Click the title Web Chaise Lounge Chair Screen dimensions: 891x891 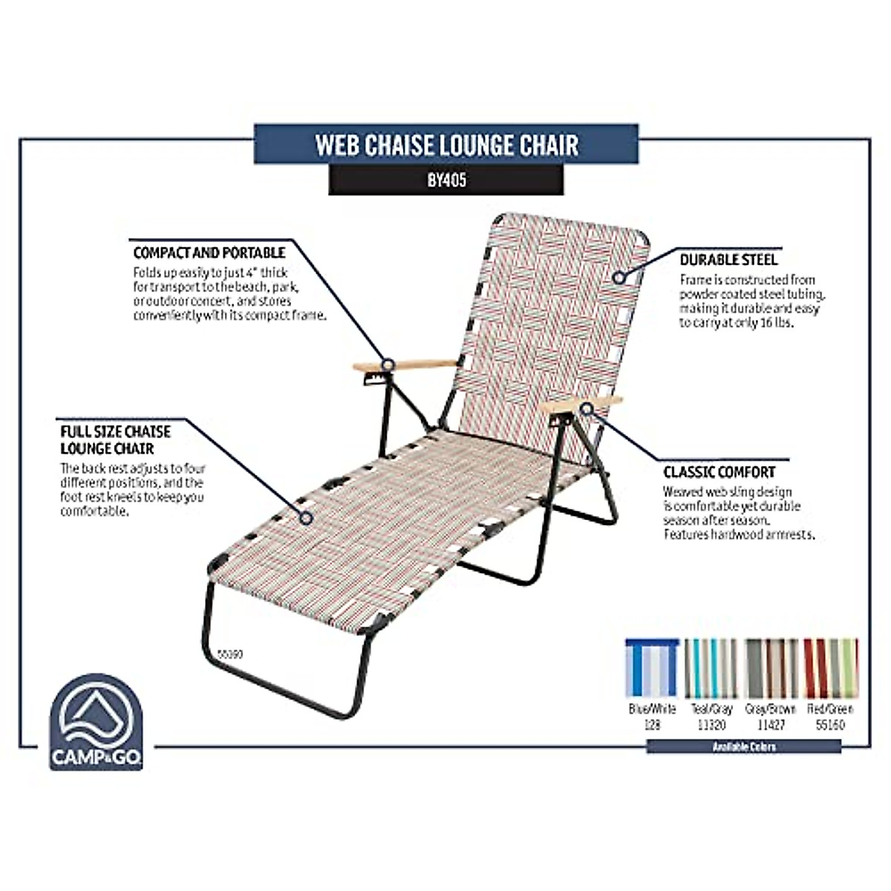[446, 144]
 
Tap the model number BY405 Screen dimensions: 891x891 [446, 180]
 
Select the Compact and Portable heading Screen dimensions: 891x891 [209, 253]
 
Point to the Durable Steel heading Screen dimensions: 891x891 [728, 260]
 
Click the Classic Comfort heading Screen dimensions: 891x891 [719, 472]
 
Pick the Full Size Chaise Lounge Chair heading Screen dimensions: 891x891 [116, 440]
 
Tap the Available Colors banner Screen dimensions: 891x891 [743, 746]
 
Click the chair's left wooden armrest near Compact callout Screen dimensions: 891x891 [405, 365]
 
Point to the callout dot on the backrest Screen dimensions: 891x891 [619, 277]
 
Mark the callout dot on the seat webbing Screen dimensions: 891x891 [305, 518]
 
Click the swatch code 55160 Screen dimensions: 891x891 [830, 725]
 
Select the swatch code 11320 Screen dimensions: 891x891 [711, 725]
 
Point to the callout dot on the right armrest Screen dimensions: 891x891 [587, 408]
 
